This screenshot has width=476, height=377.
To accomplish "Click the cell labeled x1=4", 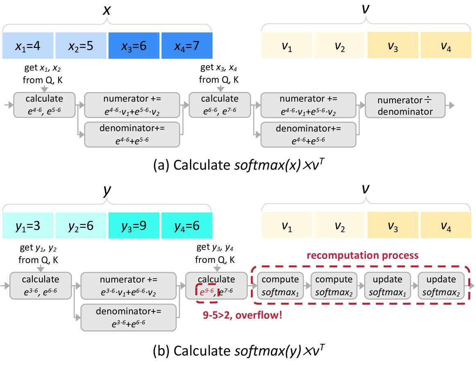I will [28, 45].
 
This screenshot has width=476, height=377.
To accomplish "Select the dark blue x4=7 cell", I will [187, 45].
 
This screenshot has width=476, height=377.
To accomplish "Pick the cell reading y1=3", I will [28, 226].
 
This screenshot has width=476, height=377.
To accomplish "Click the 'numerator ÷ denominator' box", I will [405, 106].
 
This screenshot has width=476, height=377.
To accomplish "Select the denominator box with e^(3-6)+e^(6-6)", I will [129, 318].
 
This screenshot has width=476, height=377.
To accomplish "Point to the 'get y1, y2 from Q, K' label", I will [40, 254].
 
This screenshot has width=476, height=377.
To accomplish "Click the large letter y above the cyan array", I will [107, 191].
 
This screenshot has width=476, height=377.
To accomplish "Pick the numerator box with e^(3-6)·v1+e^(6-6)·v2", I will [129, 286].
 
